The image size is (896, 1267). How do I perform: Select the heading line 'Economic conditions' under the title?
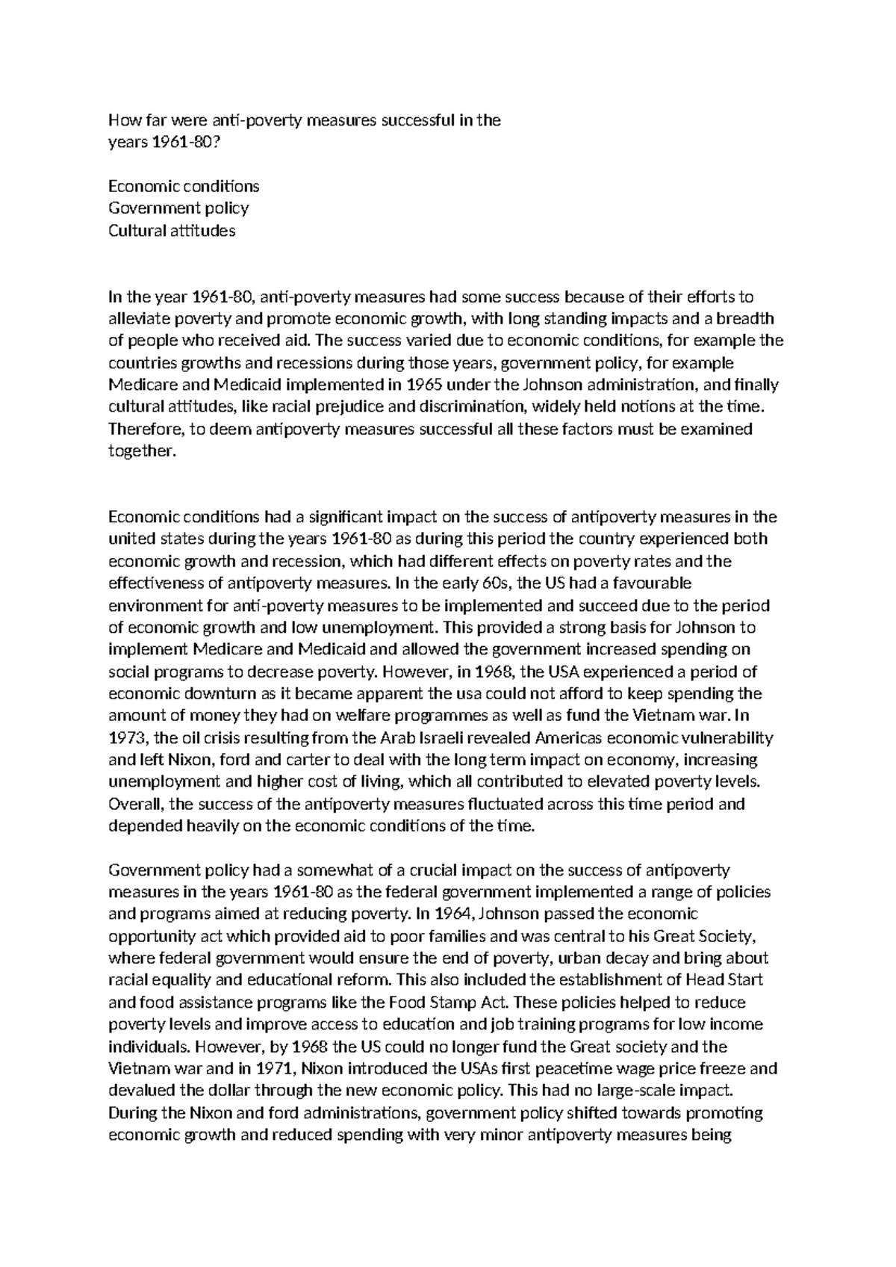coord(184,185)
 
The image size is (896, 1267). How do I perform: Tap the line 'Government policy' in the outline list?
coord(178,208)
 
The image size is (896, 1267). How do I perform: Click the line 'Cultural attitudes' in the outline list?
coord(172,230)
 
